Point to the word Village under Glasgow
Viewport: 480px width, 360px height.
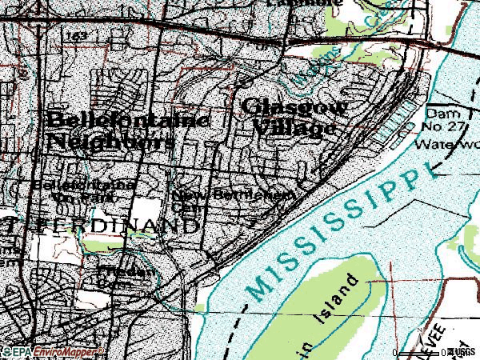(x=290, y=127)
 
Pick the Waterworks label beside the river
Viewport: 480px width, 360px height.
(x=448, y=146)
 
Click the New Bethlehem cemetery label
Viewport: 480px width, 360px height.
(x=232, y=197)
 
